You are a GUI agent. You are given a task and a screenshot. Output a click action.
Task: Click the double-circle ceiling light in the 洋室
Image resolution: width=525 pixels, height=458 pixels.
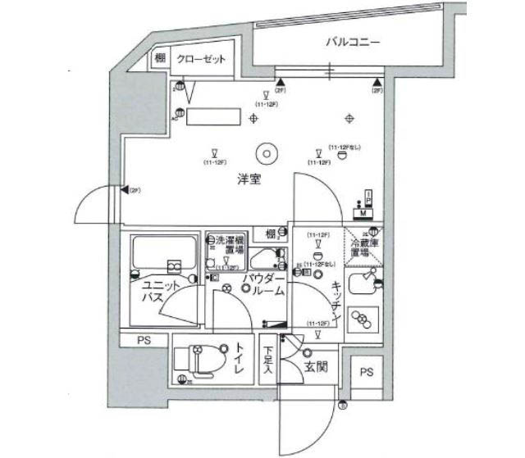coord(265,152)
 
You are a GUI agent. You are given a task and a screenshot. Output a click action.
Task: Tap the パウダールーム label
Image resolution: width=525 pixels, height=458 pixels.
coord(262,285)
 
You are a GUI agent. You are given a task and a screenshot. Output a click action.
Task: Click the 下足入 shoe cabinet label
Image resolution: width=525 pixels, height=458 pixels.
coord(268,360)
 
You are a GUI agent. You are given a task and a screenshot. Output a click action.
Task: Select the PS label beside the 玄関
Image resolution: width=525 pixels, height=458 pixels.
coord(366,371)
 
